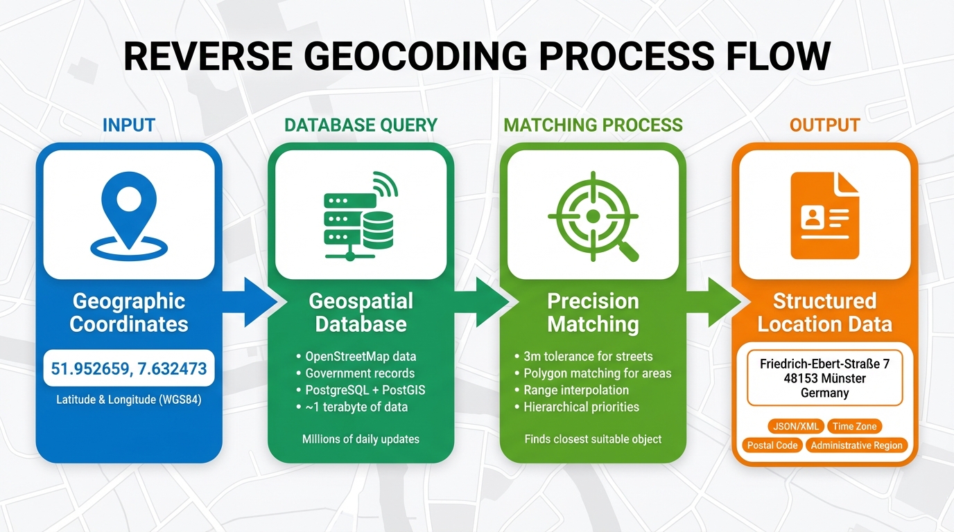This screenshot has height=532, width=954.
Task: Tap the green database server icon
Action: (360, 215)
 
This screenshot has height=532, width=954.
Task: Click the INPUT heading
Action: (129, 125)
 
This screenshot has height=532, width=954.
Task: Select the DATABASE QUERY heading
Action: (361, 125)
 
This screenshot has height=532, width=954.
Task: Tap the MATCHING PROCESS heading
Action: (593, 125)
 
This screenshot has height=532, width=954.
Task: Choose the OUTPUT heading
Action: (824, 125)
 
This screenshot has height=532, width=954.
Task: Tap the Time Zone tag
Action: (855, 427)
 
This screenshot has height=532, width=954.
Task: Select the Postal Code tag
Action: (772, 445)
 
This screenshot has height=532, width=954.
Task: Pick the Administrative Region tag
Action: (856, 445)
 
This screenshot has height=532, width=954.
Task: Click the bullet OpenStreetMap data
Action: (361, 357)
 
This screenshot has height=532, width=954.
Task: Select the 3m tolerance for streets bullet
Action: (588, 357)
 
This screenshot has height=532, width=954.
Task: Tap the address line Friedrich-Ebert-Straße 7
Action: (824, 364)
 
